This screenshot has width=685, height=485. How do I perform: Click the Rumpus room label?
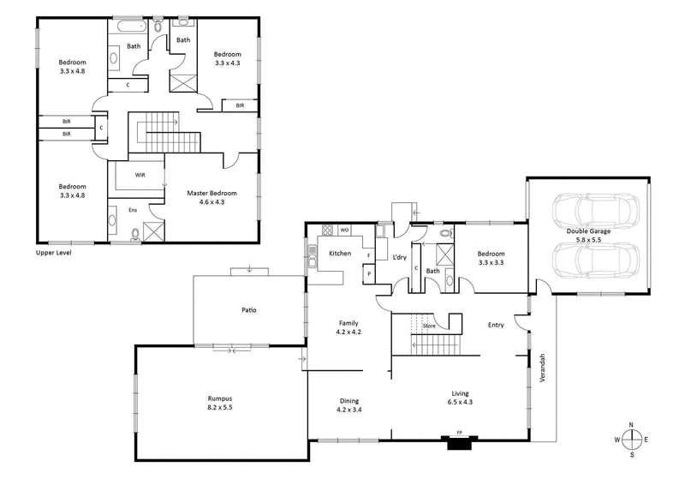point(220,398)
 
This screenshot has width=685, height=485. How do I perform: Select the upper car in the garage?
point(595,209)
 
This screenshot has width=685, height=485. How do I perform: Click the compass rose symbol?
point(632,439)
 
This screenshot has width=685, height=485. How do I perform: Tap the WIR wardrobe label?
point(140,175)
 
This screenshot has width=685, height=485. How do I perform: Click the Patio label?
point(248,309)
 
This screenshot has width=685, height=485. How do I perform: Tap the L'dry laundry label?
point(399,257)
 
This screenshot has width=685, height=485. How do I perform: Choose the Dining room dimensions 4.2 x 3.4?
point(348,410)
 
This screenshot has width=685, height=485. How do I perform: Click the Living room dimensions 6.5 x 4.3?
point(461,402)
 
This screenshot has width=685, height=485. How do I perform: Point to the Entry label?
point(496,325)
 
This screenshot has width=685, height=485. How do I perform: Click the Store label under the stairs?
point(429,326)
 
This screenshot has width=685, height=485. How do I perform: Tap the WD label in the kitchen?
point(345,230)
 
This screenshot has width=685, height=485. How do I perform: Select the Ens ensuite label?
point(133,209)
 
